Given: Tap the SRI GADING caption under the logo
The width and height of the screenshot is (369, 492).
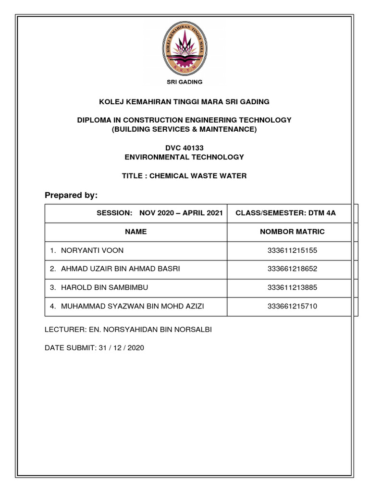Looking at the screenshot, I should coord(184,82).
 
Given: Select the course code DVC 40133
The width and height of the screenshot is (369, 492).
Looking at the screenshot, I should coord(184,148).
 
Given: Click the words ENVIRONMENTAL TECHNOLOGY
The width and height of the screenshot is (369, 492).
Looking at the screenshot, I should coord(184,157).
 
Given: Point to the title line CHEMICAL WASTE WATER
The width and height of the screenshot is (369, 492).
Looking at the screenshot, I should coord(184,176).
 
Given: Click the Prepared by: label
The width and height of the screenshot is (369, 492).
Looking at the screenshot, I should coord(71,195).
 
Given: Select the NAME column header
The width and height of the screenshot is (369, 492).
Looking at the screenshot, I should coord(136,232).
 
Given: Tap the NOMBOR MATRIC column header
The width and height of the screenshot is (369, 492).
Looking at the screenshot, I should coord(292,232).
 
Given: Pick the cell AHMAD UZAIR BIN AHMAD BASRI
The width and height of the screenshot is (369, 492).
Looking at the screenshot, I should coord(120,269).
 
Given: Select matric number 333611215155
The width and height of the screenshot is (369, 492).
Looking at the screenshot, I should coord(292,250).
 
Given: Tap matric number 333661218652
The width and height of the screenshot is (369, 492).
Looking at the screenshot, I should coord(292,269).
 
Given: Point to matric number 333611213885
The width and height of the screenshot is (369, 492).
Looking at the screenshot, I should coord(292,288).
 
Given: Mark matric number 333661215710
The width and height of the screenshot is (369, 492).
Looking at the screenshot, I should coord(292,306).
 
